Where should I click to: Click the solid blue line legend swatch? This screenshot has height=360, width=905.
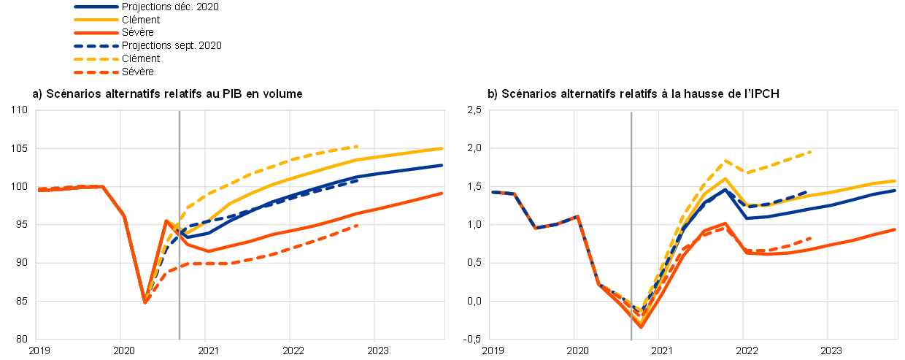tap(96, 7)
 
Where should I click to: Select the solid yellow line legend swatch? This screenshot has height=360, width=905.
tap(96, 20)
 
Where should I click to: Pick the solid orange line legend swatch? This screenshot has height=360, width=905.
tap(96, 33)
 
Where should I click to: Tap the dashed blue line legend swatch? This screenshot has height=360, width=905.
tap(96, 46)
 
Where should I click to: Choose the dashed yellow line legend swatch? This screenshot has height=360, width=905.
tap(96, 59)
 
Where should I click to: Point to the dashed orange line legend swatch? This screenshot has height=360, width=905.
tap(96, 72)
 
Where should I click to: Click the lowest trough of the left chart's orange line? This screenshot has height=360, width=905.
tap(145, 302)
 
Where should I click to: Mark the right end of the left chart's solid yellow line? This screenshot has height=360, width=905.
tap(443, 148)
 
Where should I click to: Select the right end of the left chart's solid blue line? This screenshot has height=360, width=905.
tap(443, 165)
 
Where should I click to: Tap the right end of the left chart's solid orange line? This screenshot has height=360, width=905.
tap(443, 193)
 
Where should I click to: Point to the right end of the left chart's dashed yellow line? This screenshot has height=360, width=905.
tap(358, 146)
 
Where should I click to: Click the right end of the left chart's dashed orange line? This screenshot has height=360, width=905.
tap(358, 226)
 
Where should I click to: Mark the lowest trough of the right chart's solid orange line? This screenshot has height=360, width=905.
tap(642, 326)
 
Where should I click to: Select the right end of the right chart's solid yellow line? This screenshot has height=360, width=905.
tap(896, 180)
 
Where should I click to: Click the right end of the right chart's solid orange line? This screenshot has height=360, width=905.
tap(896, 229)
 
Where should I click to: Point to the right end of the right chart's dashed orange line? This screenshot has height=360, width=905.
tap(811, 237)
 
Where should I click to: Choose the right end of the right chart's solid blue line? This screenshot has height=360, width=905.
tap(896, 190)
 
